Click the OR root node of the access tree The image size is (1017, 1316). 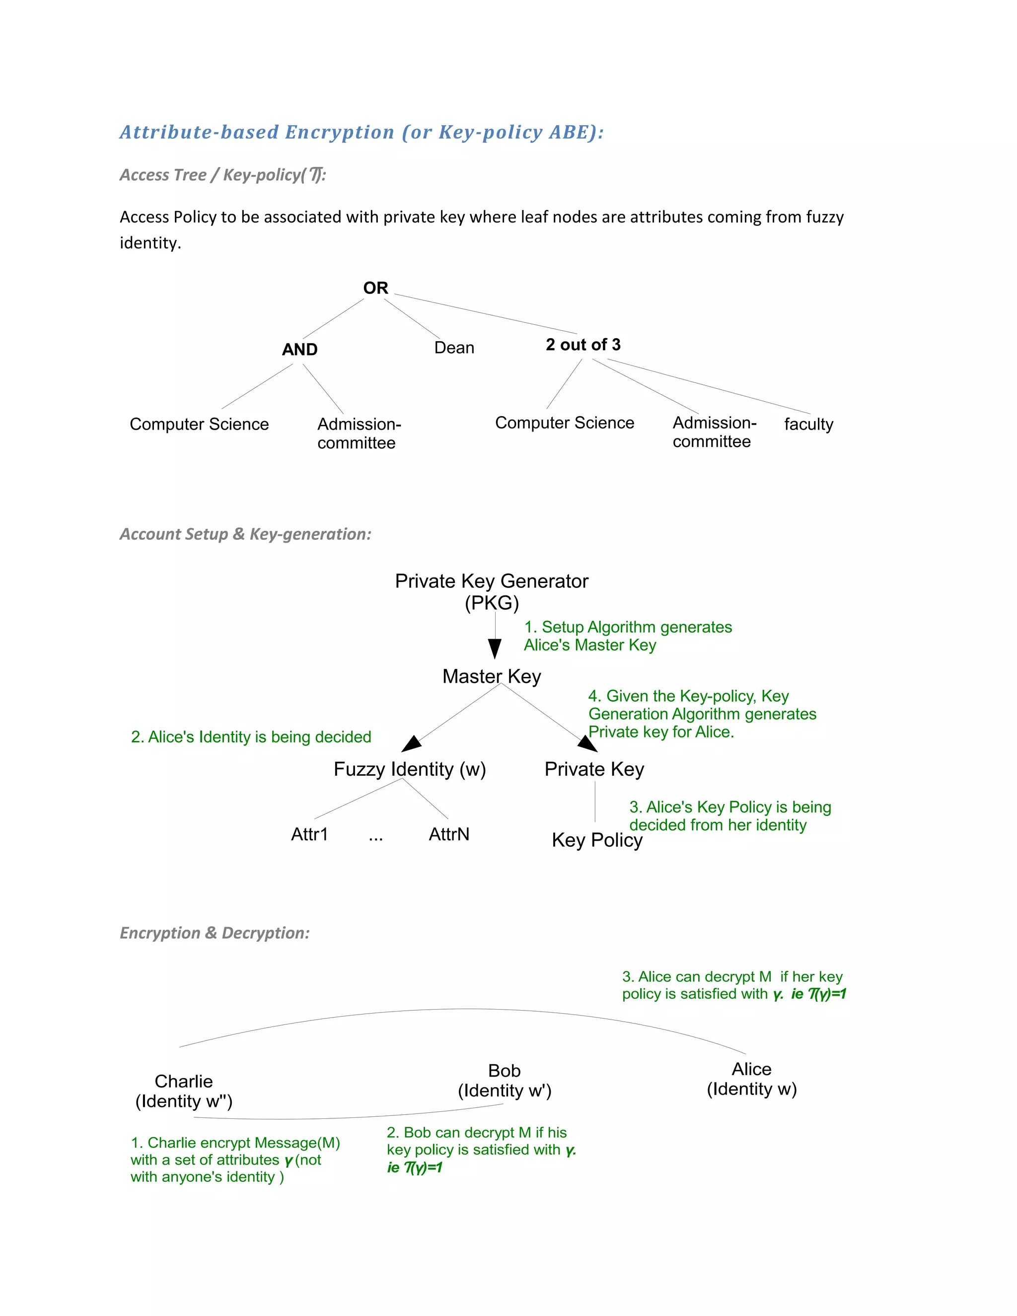(375, 288)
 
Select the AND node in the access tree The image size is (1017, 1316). (299, 350)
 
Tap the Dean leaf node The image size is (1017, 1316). (454, 348)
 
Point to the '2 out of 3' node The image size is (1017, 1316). (582, 345)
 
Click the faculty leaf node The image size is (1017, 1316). (808, 424)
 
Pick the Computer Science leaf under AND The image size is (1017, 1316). (199, 424)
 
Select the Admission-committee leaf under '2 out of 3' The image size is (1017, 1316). (714, 432)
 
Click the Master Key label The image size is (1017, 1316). (492, 676)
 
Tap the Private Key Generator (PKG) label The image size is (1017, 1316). (492, 591)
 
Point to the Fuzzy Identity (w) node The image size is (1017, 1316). (410, 769)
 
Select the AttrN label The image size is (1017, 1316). (449, 834)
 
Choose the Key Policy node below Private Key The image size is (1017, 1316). (597, 840)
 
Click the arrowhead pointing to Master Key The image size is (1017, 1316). (495, 649)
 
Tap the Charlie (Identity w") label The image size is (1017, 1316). (184, 1091)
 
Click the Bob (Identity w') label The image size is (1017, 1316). (505, 1081)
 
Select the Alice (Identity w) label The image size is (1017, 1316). (751, 1079)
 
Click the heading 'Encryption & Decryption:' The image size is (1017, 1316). (215, 933)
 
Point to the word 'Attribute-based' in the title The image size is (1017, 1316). (199, 132)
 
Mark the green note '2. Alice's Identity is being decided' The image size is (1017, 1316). (251, 737)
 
